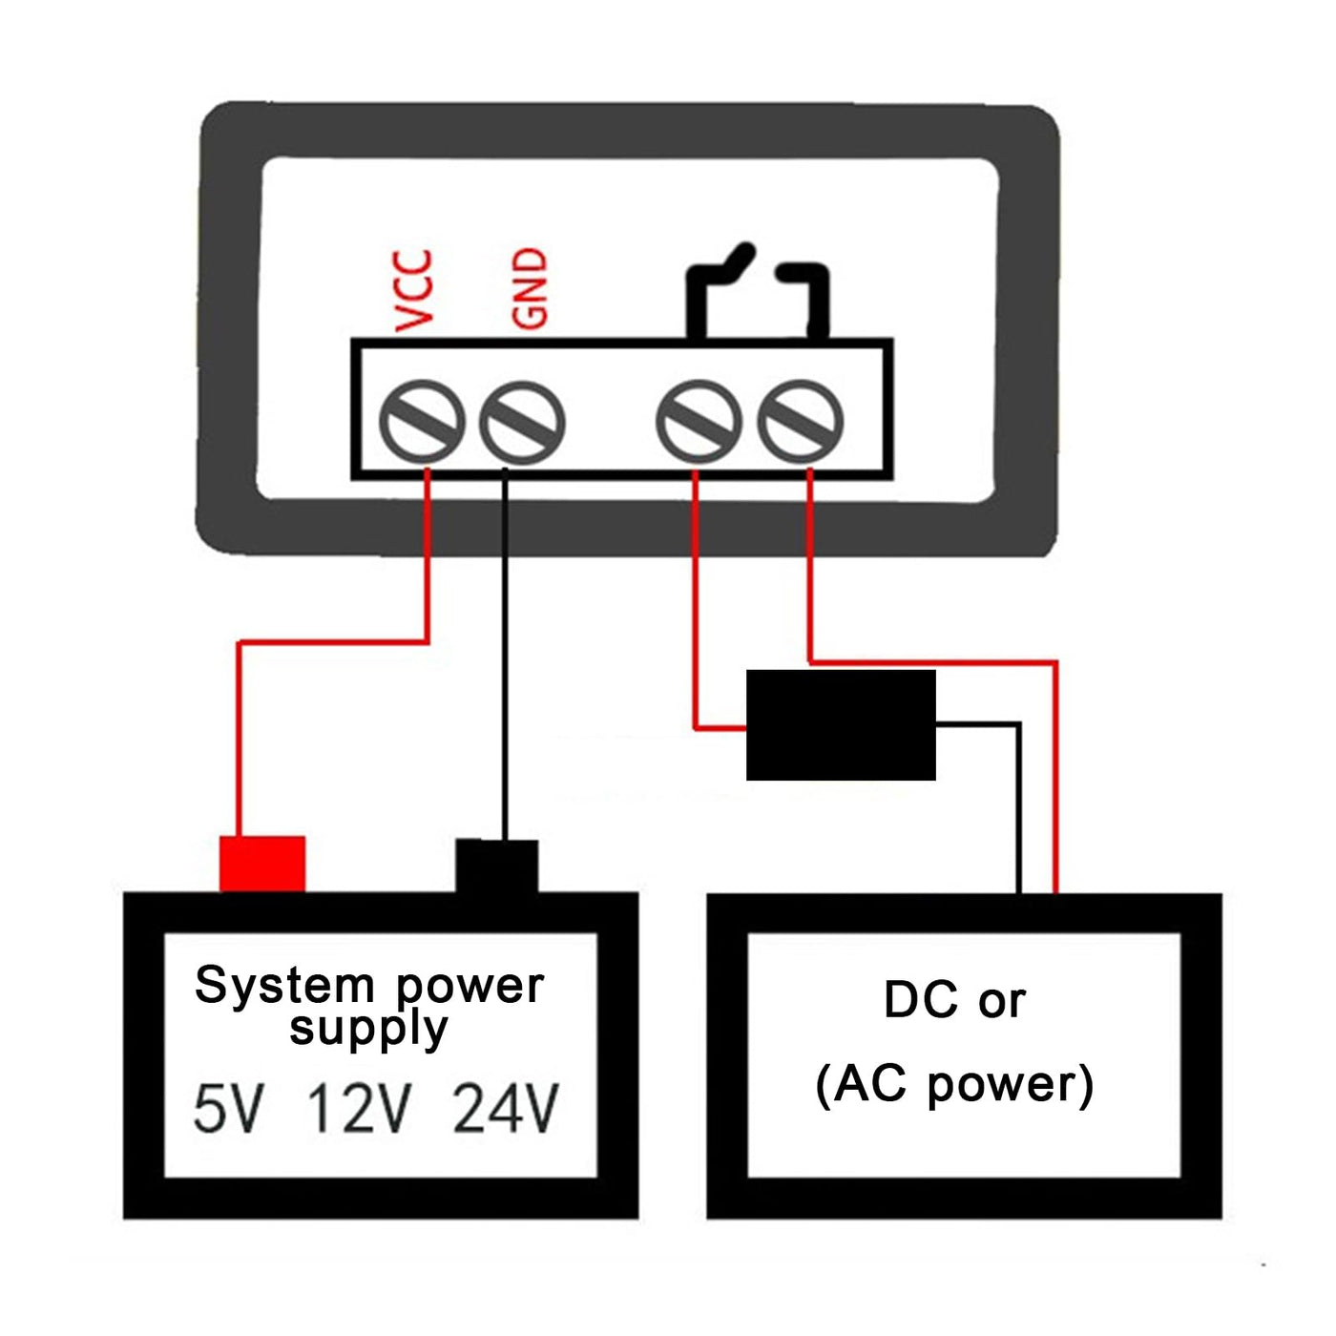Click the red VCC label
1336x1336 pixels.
(413, 290)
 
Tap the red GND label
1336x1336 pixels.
(530, 288)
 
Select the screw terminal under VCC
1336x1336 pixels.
(422, 422)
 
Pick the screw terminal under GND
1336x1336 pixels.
(522, 422)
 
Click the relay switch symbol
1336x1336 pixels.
(757, 291)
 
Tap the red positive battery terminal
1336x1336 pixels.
(262, 864)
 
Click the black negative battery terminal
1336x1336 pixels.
(496, 866)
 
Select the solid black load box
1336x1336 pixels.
(841, 725)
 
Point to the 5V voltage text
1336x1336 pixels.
(227, 1109)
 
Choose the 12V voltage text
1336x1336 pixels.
(359, 1109)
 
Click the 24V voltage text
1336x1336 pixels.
(506, 1109)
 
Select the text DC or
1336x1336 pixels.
(954, 1000)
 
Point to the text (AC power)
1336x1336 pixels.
(954, 1084)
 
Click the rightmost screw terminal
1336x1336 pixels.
(801, 422)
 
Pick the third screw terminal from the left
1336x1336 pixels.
(699, 422)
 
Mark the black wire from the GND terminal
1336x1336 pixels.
(505, 658)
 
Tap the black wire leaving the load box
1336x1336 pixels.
(1019, 811)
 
